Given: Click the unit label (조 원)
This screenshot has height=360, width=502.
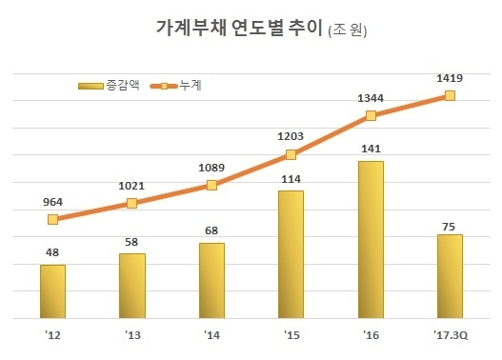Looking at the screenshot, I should coord(347,31).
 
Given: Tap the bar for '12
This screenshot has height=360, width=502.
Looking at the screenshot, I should coord(53,291).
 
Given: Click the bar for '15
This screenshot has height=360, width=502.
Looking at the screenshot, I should coord(291,254).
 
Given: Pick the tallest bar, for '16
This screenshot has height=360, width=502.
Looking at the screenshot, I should coord(371,239).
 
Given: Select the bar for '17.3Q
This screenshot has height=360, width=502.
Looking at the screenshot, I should coord(450,276).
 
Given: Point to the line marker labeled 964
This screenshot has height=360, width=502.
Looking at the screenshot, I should coord(53,220).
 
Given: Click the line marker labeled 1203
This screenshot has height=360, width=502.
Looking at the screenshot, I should coord(291,155).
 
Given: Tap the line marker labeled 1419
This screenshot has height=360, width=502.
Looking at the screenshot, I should coord(450,95).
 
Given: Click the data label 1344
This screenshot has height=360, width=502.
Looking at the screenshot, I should coord(371,96).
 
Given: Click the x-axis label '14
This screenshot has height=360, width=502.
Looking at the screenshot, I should coord(211,334).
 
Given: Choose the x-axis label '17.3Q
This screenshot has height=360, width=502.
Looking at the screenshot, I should coord(450,334).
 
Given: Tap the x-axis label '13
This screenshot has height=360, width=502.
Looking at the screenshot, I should coord(132,334).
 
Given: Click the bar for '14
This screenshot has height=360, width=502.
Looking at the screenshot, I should coord(211,281).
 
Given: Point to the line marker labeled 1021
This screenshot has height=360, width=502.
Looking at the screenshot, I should coord(132,204).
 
